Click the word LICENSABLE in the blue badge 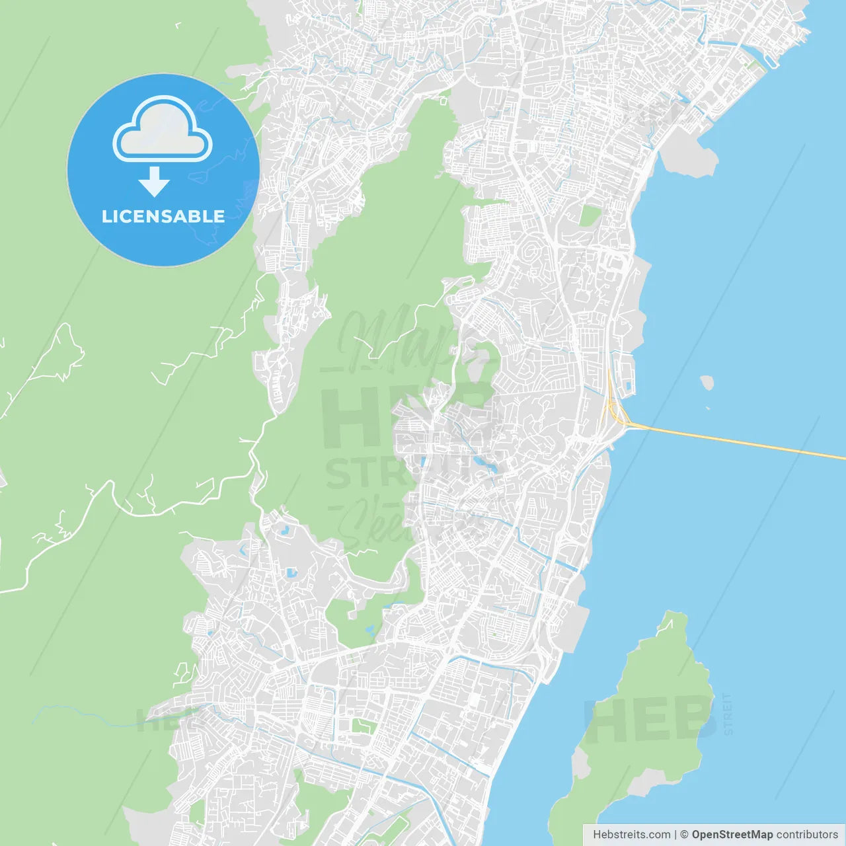coord(163,216)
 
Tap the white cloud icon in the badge coord(163,130)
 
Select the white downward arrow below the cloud coord(154,182)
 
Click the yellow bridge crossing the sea coord(740,442)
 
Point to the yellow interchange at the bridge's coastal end coord(618,413)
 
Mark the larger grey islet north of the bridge coord(707,382)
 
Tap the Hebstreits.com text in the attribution coord(632,835)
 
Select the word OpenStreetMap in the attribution coord(732,835)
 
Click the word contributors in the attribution coord(807,835)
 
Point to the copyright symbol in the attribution coord(685,835)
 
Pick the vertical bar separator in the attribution coord(675,835)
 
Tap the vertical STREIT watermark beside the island coord(728,714)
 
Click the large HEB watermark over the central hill coord(403,416)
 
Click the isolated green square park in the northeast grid coord(590,215)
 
